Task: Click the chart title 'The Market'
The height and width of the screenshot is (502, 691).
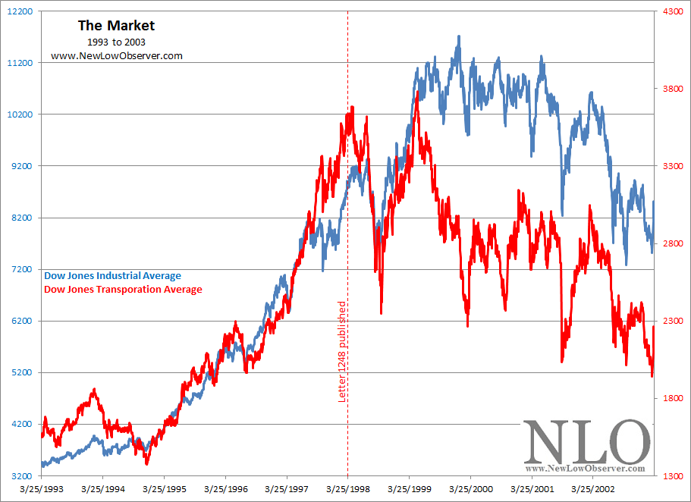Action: pos(116,25)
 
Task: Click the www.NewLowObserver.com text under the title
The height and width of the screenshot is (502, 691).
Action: pos(116,56)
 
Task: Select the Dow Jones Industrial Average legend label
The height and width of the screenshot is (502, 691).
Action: pos(113,276)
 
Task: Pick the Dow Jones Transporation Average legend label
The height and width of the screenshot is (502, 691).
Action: pos(123,289)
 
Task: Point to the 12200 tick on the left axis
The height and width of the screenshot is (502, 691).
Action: pos(18,11)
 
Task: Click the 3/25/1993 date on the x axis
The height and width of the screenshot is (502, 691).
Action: pos(42,491)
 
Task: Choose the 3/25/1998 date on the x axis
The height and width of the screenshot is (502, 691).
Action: pos(348,491)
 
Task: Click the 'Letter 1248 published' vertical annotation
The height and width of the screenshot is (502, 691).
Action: pos(342,350)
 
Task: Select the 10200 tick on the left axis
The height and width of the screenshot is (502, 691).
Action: pos(18,115)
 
